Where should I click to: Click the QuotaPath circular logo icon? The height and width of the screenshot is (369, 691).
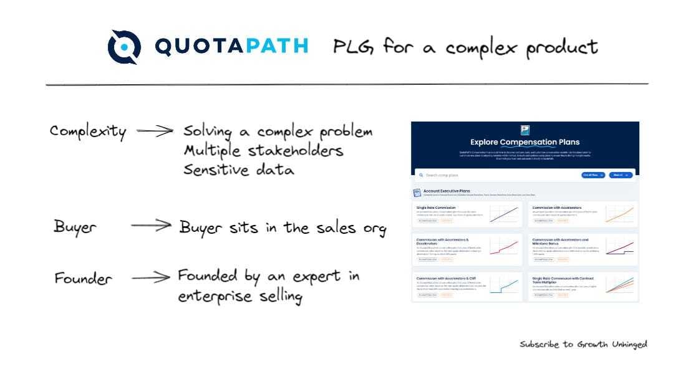pos(123,47)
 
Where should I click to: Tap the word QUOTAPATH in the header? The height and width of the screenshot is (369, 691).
pos(231,47)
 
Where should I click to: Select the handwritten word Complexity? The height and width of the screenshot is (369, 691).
pos(88,132)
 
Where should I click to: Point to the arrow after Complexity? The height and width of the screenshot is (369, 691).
pos(154,132)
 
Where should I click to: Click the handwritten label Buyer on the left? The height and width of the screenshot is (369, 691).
pos(75,226)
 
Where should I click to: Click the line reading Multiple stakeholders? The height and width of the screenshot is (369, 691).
pos(263,151)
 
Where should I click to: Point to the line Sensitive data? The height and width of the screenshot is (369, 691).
pos(238,170)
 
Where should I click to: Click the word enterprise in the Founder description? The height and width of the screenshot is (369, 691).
pos(213,296)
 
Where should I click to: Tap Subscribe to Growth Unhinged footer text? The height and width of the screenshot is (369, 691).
pos(583,344)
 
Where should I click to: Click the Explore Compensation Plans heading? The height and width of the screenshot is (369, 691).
pos(524,143)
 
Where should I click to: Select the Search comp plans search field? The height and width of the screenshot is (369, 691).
pos(493,175)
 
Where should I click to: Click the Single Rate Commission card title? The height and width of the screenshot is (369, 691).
pos(437,208)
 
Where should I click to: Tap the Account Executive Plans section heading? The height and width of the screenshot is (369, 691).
pos(447,191)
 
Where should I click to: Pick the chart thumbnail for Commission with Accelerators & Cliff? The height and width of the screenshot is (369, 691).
pos(503,287)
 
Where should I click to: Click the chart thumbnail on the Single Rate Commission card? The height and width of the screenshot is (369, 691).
pos(503,214)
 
